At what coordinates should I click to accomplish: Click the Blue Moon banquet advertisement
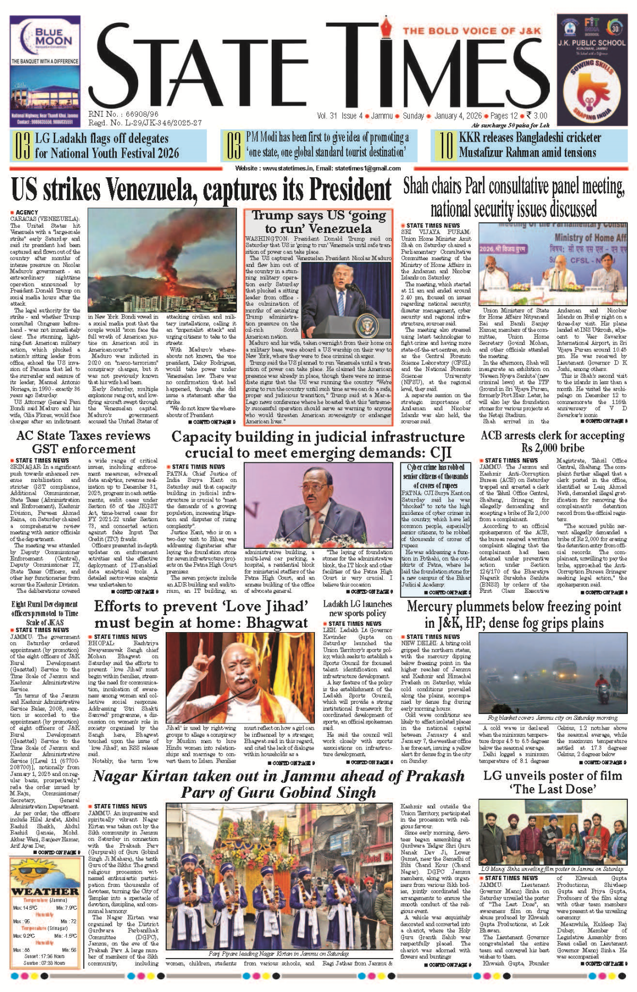coord(45,71)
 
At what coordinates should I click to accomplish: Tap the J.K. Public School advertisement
coord(591,71)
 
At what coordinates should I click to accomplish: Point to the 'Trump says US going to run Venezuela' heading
coord(318,222)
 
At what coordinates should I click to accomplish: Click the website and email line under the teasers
coord(318,168)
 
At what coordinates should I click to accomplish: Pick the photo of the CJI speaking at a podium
coord(318,505)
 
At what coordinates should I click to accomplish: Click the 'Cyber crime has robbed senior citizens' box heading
coord(436,476)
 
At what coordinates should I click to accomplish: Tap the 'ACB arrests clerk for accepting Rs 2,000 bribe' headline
coord(553,442)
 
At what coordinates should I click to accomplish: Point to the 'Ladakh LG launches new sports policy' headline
coord(357,608)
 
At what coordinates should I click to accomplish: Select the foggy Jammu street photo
coord(553,672)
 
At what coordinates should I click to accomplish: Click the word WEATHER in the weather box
coord(45,891)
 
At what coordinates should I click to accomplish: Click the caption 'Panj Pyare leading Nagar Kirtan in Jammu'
coord(279,954)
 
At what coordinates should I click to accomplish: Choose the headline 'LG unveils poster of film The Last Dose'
coord(553,782)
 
